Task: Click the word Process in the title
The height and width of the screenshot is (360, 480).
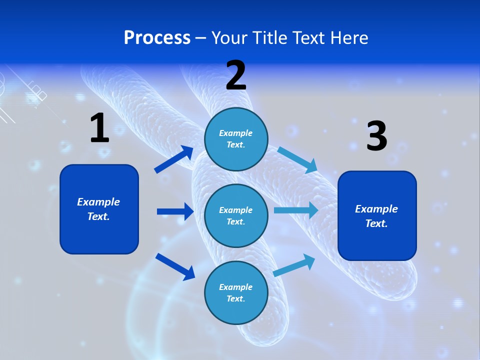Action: tap(157, 38)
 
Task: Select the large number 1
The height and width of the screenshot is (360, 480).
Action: tap(99, 128)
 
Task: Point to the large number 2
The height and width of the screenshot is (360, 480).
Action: tap(236, 75)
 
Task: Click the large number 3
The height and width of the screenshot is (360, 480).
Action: tap(376, 136)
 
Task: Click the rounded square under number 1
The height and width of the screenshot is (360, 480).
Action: tap(99, 209)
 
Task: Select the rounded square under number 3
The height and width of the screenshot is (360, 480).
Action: tap(377, 215)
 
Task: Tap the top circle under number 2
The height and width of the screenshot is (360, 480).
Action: tap(236, 139)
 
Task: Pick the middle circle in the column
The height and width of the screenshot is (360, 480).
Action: tap(236, 215)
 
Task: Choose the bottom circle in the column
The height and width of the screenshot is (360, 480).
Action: tap(236, 292)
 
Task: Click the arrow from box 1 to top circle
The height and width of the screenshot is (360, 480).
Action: tap(174, 159)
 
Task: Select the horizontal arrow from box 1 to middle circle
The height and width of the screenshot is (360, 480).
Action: tap(175, 211)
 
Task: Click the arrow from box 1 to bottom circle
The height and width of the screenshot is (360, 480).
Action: tap(175, 266)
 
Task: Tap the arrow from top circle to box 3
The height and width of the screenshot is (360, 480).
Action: tap(297, 159)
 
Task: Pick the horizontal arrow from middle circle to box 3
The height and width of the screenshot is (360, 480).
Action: tap(296, 210)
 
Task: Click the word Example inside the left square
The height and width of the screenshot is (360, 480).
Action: tap(98, 202)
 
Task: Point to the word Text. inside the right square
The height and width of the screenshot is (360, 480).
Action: tap(376, 223)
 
